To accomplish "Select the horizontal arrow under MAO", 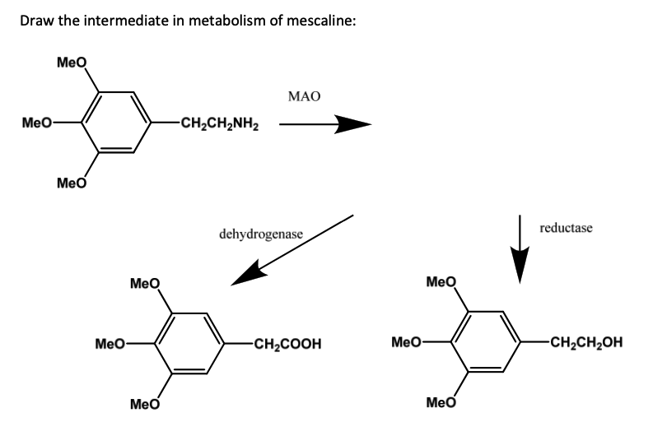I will (324, 126).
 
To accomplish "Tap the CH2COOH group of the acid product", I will (286, 343).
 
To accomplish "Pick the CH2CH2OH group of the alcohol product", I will (581, 343).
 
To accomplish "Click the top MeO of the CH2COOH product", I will (145, 285).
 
